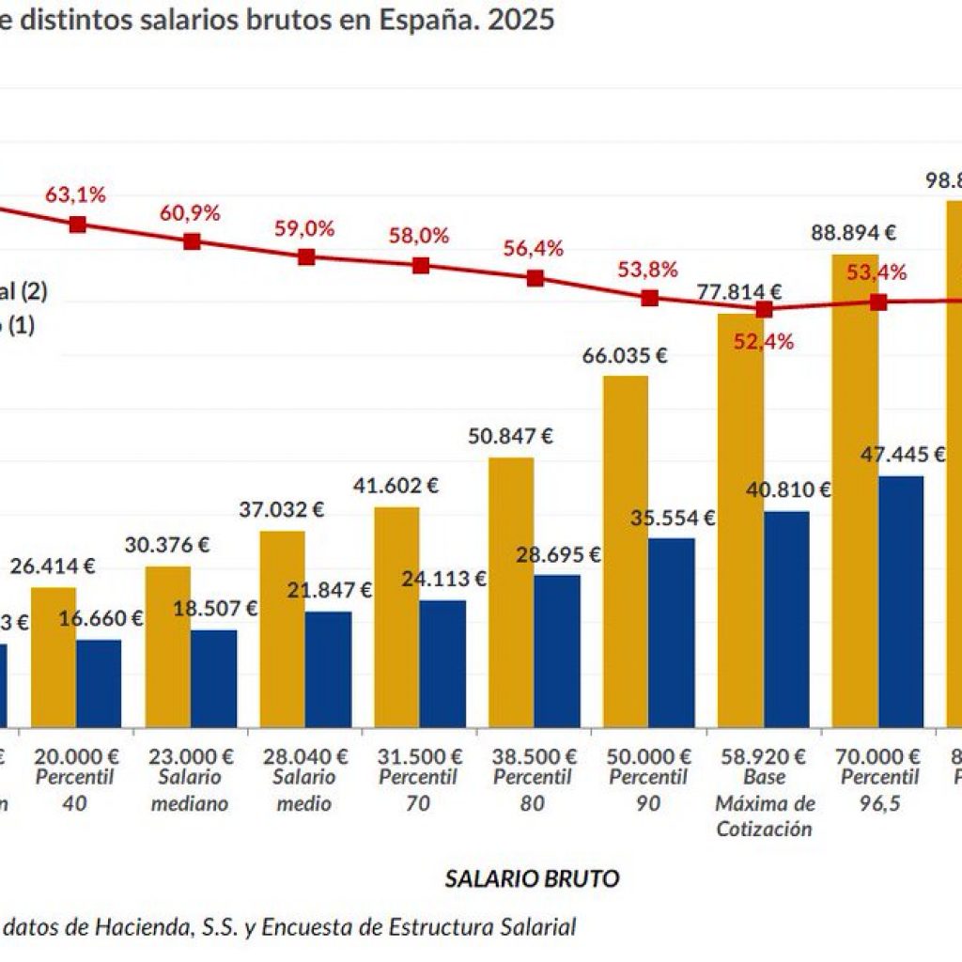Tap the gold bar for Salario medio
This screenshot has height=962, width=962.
tap(282, 628)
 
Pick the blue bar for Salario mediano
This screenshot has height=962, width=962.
tap(214, 678)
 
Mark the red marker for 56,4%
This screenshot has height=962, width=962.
tap(535, 278)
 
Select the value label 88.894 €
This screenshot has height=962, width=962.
tap(854, 232)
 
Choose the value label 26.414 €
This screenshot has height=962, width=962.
tap(54, 566)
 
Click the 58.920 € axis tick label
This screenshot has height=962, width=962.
tap(763, 756)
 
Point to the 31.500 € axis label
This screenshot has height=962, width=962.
tap(418, 756)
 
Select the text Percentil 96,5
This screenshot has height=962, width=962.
tap(878, 790)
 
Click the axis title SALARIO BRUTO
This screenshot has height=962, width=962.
tap(532, 878)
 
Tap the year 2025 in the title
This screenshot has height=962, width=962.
tap(518, 20)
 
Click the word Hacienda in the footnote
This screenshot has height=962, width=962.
tap(140, 927)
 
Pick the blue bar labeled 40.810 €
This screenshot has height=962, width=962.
tap(786, 619)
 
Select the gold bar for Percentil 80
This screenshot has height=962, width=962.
tap(511, 592)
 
